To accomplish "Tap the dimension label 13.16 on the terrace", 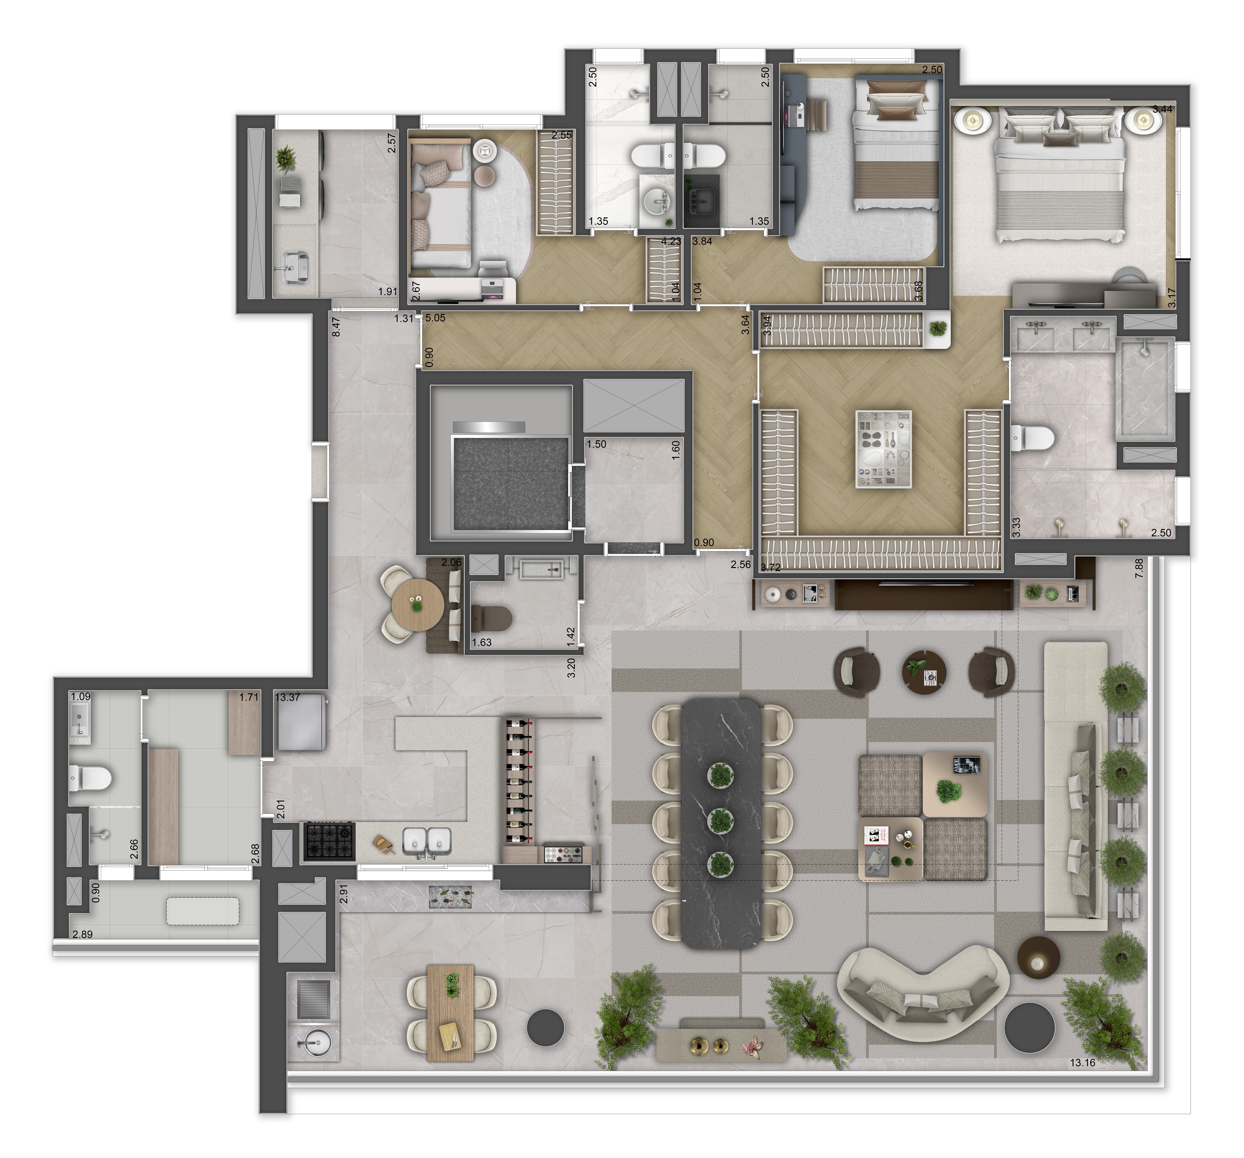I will (x=1083, y=1062).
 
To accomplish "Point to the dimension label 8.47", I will (x=336, y=326).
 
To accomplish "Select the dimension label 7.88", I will (x=1139, y=568).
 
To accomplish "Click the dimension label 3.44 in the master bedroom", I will (x=1162, y=109).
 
